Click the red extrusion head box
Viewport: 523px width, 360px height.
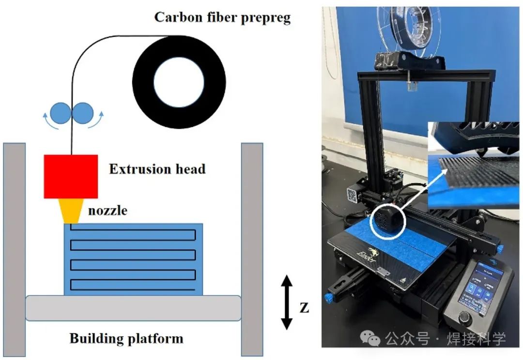[71, 176]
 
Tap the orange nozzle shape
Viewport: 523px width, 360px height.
[71, 211]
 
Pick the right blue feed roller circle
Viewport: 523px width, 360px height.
[82, 112]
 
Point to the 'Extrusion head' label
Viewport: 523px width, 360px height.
[157, 169]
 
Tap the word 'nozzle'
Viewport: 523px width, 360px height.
[108, 210]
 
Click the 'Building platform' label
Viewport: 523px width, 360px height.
[126, 338]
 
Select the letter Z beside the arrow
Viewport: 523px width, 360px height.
[304, 308]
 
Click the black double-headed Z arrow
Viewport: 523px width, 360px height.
[287, 302]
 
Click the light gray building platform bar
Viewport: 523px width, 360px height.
[133, 308]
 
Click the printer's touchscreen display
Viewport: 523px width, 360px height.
[483, 289]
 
